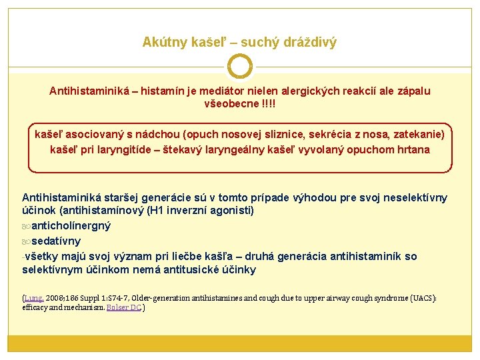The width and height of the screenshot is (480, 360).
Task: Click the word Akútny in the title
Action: pos(162,43)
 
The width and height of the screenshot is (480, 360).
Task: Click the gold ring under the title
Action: pos(240,67)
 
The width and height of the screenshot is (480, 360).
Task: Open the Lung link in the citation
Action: pos(33,298)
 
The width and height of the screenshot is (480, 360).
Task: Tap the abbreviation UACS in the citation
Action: pos(423,298)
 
